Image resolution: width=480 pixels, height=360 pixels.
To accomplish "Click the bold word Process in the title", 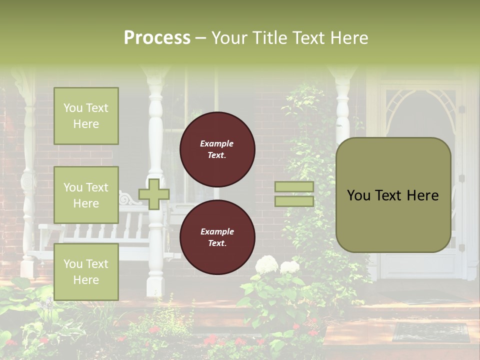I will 157,38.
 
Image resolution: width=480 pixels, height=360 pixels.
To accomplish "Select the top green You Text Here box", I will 86,116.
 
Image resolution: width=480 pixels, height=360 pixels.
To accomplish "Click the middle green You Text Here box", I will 86,195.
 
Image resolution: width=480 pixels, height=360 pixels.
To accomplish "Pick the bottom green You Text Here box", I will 86,272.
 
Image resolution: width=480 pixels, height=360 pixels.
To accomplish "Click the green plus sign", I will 154,194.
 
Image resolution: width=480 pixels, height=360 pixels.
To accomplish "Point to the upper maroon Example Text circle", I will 217,149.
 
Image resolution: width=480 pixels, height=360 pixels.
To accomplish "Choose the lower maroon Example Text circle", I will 217,237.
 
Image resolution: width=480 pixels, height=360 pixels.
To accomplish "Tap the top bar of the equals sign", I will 294,187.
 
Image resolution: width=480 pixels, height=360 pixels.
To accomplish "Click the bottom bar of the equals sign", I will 294,201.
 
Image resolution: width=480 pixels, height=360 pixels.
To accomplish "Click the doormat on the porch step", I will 430,331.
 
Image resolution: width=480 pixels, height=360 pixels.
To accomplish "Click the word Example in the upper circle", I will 216,143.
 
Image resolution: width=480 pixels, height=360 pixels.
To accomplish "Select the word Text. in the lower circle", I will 216,243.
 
